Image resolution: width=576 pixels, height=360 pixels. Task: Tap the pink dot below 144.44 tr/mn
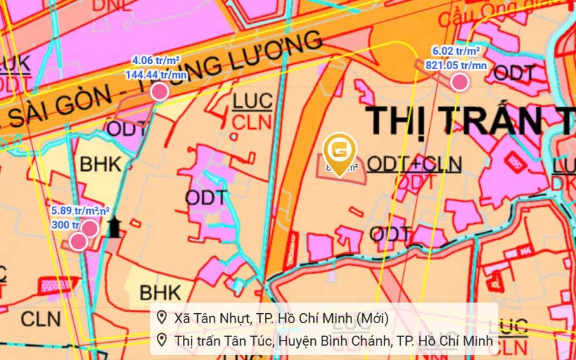(159, 91)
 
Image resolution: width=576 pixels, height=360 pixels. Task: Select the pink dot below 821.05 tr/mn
(459, 82)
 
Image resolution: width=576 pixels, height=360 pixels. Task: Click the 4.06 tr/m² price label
(155, 60)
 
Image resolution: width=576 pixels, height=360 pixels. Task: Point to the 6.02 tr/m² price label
(456, 51)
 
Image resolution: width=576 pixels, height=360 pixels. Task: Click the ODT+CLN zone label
(414, 164)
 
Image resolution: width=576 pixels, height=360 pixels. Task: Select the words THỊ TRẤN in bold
(454, 120)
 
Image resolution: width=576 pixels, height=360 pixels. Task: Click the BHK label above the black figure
(101, 165)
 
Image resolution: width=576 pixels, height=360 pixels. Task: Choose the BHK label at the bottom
(161, 292)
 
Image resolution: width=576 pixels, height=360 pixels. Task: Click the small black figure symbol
(114, 228)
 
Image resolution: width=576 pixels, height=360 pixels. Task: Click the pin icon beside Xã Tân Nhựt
(162, 318)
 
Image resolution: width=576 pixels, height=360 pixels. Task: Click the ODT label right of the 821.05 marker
(513, 72)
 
